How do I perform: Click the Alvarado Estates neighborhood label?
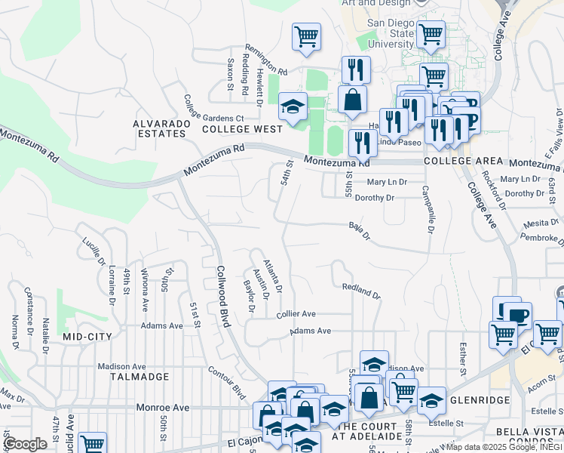coord(159,128)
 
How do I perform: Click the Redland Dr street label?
coord(361,291)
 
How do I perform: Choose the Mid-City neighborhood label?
coord(87,337)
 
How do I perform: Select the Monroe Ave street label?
coord(163,407)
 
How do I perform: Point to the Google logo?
coord(24,443)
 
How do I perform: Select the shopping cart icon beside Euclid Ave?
coord(93,444)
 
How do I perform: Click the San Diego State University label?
coord(391,34)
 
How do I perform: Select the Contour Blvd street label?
coord(235,385)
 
